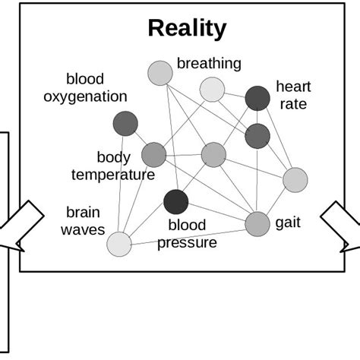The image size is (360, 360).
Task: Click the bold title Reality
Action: (187, 29)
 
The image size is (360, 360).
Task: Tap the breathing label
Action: (209, 64)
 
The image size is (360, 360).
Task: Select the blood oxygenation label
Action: (96, 88)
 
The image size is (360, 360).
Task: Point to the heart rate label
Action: (293, 96)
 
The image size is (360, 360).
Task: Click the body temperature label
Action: (113, 166)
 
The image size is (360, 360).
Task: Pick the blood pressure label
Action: (188, 234)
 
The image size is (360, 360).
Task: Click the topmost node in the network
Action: (160, 73)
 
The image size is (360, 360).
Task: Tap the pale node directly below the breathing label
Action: (213, 90)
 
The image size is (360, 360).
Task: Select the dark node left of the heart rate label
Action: (257, 98)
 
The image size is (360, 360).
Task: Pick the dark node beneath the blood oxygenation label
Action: (125, 123)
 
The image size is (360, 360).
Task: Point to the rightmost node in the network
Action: (295, 180)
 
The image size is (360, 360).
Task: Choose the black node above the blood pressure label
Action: (176, 202)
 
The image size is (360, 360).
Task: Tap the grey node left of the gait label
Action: (258, 223)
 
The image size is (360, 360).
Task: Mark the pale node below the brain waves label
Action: (119, 244)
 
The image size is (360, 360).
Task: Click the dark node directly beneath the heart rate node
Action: (257, 135)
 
